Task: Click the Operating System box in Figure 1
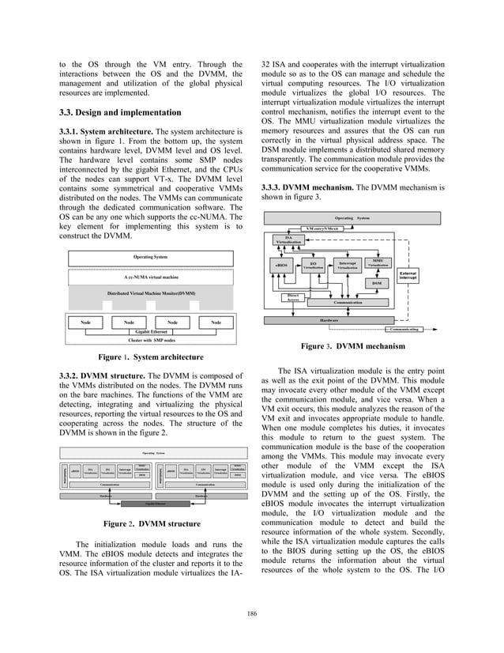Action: (150, 257)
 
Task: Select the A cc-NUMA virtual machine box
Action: (150, 277)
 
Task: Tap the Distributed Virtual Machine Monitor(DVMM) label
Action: (150, 294)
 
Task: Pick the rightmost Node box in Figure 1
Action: (216, 322)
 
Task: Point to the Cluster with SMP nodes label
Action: (150, 341)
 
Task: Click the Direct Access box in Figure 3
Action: (293, 296)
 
